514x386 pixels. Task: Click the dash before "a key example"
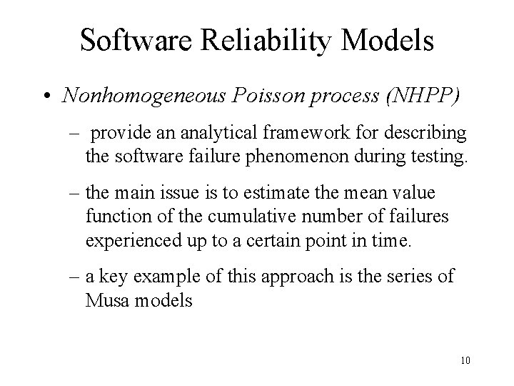(x=75, y=277)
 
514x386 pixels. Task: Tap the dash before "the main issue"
(x=75, y=194)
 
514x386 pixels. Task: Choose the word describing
(x=423, y=133)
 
